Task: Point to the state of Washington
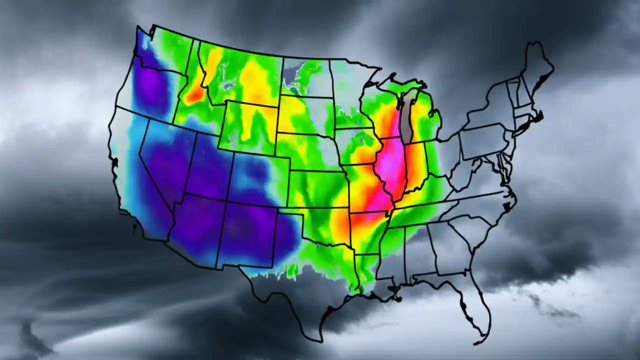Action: [160, 55]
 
